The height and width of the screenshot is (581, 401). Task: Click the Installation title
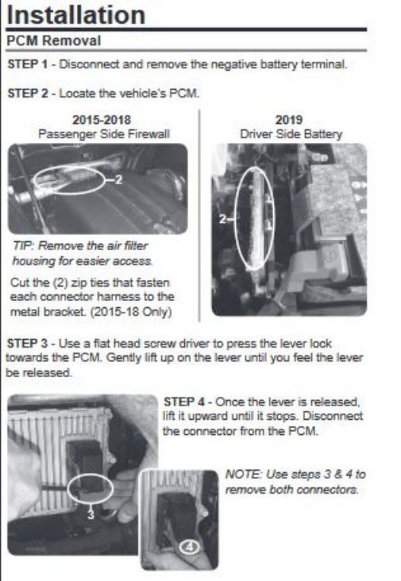tap(76, 14)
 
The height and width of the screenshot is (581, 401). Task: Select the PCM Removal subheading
tap(54, 40)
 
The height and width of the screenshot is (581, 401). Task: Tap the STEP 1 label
tap(28, 64)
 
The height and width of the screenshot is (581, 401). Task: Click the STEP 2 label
tap(28, 93)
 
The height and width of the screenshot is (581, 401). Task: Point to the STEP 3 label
tap(27, 344)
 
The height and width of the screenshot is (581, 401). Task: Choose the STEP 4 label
tap(184, 402)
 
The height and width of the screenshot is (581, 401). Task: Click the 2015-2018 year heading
tap(101, 119)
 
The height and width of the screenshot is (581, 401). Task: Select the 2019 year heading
tap(289, 119)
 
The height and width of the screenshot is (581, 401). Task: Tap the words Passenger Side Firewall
tap(103, 134)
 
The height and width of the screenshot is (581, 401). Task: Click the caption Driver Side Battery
tap(291, 134)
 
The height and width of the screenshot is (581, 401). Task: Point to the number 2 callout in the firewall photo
tap(118, 179)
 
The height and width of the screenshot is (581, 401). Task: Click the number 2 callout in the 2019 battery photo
tap(222, 219)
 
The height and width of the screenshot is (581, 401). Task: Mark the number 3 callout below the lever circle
tap(91, 514)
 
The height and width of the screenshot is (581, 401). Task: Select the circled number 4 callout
tap(189, 547)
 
